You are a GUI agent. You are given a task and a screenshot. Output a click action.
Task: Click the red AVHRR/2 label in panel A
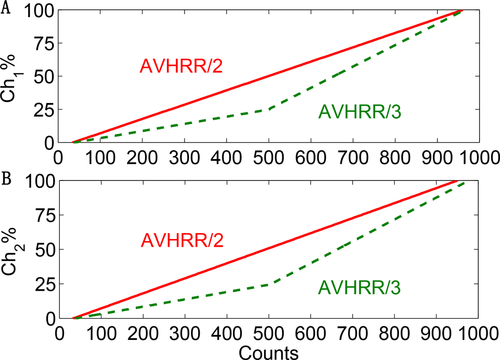(181, 66)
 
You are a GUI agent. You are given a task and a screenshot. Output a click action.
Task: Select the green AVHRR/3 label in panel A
(359, 113)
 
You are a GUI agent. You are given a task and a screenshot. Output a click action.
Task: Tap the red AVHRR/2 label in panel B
(182, 240)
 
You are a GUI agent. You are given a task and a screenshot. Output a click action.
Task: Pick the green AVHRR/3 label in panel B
(359, 288)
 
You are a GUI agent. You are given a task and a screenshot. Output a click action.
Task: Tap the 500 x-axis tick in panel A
(268, 157)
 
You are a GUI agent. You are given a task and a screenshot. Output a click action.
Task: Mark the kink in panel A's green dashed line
(268, 110)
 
